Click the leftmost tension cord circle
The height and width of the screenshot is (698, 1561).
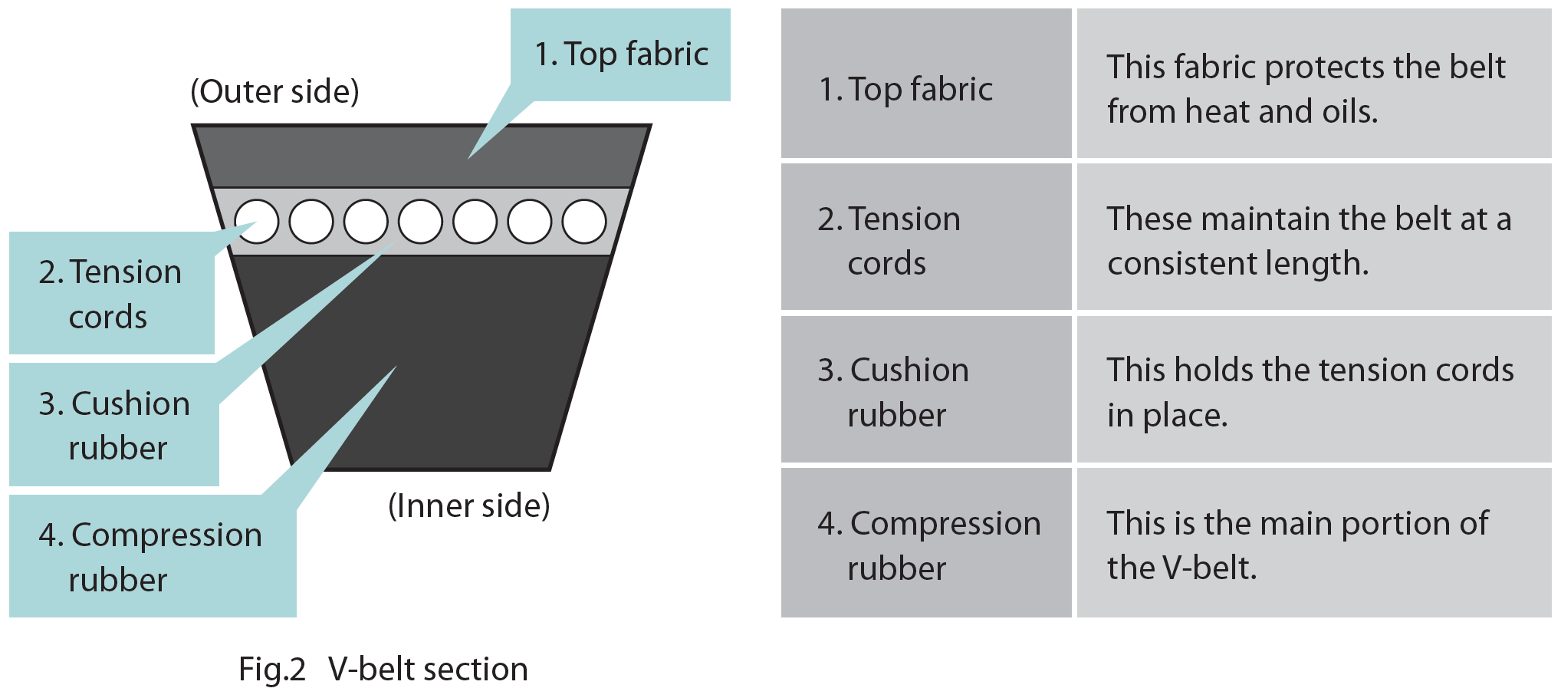pyautogui.click(x=256, y=222)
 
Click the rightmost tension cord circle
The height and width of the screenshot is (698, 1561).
pyautogui.click(x=584, y=222)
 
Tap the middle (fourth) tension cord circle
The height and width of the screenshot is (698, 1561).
pyautogui.click(x=420, y=222)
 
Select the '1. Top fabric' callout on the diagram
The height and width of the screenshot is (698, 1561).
pyautogui.click(x=621, y=54)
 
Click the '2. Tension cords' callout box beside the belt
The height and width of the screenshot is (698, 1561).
pyautogui.click(x=111, y=294)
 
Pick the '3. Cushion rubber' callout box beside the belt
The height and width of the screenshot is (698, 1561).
pyautogui.click(x=114, y=425)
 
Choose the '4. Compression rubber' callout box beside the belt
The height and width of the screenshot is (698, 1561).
pyautogui.click(x=151, y=556)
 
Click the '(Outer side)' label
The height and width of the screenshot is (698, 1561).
pyautogui.click(x=274, y=91)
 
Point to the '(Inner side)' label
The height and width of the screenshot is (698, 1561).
pyautogui.click(x=469, y=506)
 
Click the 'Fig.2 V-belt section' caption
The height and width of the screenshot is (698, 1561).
pyautogui.click(x=383, y=669)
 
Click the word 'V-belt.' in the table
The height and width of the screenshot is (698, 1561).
pyautogui.click(x=1210, y=568)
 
